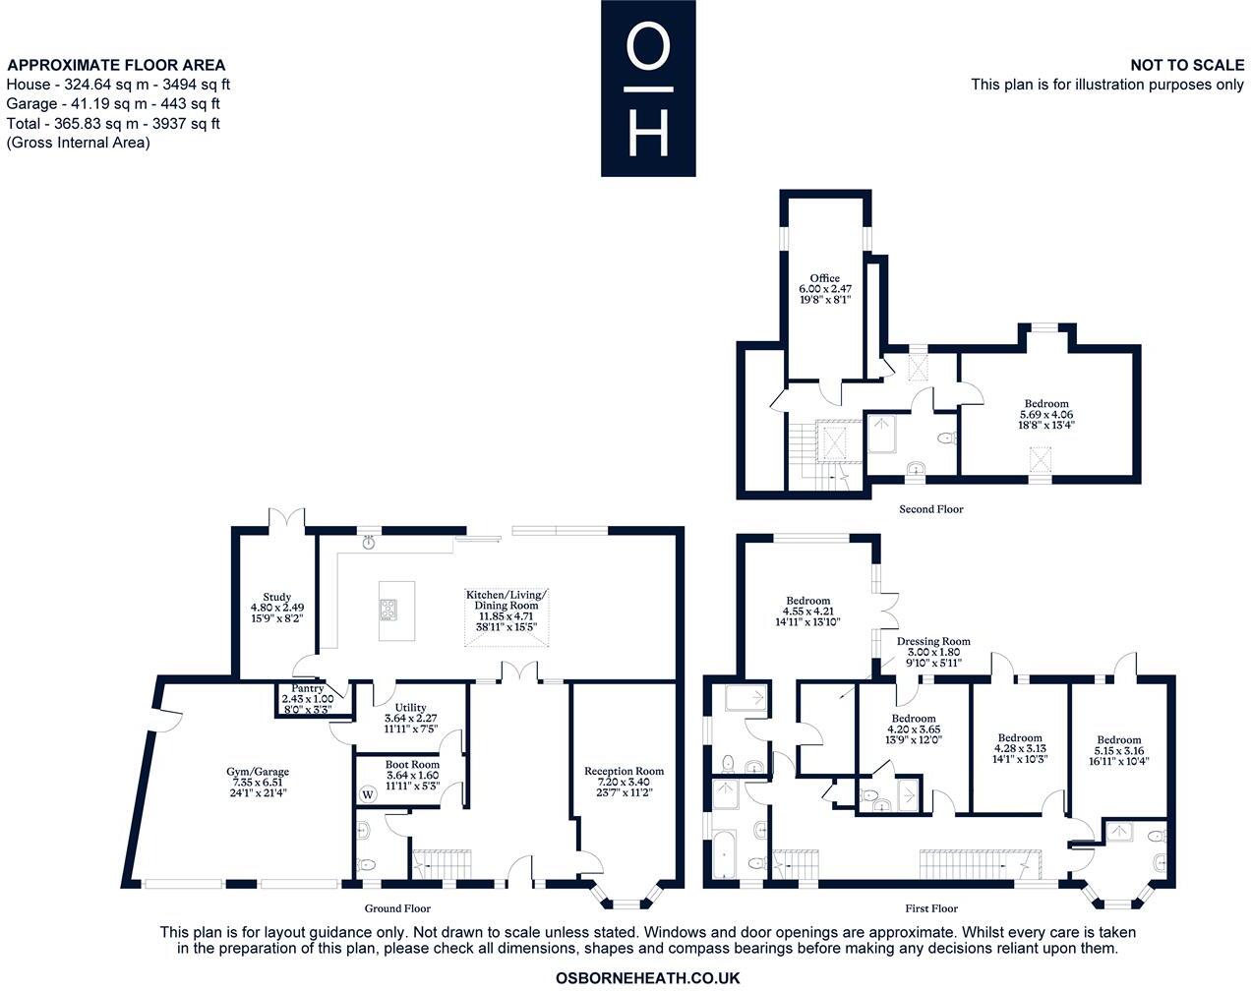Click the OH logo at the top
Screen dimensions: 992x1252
point(648,88)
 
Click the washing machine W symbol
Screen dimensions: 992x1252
point(369,793)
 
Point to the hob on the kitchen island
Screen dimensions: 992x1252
point(389,611)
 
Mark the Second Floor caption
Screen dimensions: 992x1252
point(930,509)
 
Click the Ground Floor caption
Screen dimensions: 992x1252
point(397,908)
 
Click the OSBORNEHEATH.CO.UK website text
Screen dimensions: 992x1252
point(647,978)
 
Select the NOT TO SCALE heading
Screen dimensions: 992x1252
point(1187,65)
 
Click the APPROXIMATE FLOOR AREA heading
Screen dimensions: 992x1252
point(116,66)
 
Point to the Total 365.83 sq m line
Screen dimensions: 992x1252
point(113,124)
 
